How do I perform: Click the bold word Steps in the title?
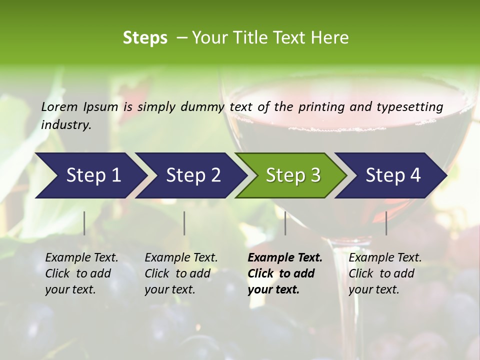(145, 37)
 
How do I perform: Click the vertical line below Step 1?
(84, 223)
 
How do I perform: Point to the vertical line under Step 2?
(184, 223)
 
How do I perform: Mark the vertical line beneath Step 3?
(285, 223)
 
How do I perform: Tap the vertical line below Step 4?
(386, 223)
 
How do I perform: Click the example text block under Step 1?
(81, 273)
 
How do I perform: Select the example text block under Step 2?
(181, 273)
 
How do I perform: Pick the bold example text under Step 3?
(285, 273)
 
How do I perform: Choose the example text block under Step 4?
(385, 273)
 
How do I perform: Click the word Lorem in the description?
(59, 106)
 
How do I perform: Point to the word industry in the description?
(66, 125)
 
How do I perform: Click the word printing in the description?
(321, 107)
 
